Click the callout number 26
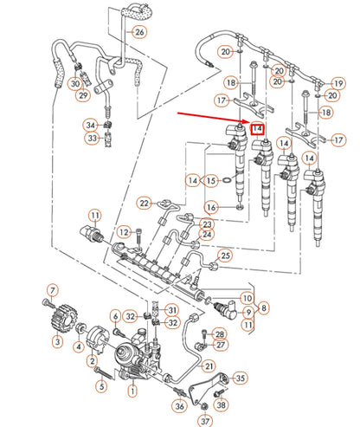tap(139, 32)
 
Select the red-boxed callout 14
tap(258, 129)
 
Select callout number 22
tap(144, 203)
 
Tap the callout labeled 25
tap(225, 255)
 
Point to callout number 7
tap(53, 289)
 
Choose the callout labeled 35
tap(241, 377)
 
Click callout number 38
tap(222, 404)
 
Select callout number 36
tap(179, 405)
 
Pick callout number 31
tap(172, 310)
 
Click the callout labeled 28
tap(220, 333)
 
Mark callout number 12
tap(125, 231)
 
